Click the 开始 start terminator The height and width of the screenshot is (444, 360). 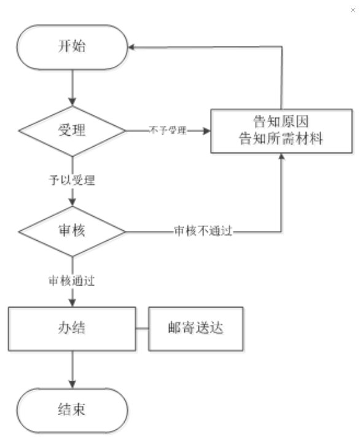click(72, 47)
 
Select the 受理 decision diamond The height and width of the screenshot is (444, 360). click(72, 131)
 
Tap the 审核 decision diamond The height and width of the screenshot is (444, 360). click(72, 232)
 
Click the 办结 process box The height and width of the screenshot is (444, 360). click(72, 329)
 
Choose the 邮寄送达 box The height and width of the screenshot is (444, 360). click(196, 329)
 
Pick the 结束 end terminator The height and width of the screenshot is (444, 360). click(72, 410)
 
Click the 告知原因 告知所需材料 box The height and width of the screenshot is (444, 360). click(281, 131)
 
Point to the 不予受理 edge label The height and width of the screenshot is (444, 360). click(168, 130)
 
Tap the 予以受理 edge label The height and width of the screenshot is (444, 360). click(72, 180)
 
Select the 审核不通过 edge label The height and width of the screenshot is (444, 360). click(203, 231)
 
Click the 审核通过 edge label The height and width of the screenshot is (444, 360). click(72, 281)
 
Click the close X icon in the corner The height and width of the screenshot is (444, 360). click(353, 10)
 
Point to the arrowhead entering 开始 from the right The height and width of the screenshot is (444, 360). click(131, 47)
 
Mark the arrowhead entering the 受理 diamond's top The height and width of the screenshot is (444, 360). click(72, 102)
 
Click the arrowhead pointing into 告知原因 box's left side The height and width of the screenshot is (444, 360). click(207, 131)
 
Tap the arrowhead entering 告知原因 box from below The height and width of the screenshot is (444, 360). click(281, 157)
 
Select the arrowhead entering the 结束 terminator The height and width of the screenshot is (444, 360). click(72, 384)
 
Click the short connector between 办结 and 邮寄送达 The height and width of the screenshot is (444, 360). click(142, 329)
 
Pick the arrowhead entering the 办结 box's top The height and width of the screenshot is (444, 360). click(72, 303)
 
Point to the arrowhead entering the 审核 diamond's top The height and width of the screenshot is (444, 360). click(72, 202)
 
